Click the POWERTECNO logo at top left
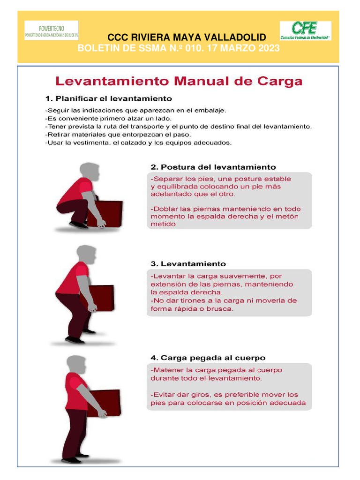point(52,30)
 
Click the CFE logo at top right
point(305,30)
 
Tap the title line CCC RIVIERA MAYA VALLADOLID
point(187,37)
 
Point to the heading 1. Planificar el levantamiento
point(109,99)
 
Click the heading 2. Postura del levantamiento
point(213,167)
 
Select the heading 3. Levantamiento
point(188,264)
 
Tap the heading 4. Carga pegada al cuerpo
point(208,358)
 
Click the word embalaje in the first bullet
point(211,111)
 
